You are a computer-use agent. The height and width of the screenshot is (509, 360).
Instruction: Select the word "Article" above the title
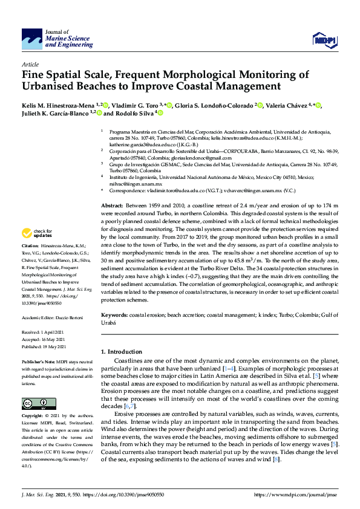pos(30,63)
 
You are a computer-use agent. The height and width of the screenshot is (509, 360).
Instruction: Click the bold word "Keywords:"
pos(114,315)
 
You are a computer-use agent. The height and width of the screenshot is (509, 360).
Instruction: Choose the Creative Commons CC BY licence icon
pos(35,403)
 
